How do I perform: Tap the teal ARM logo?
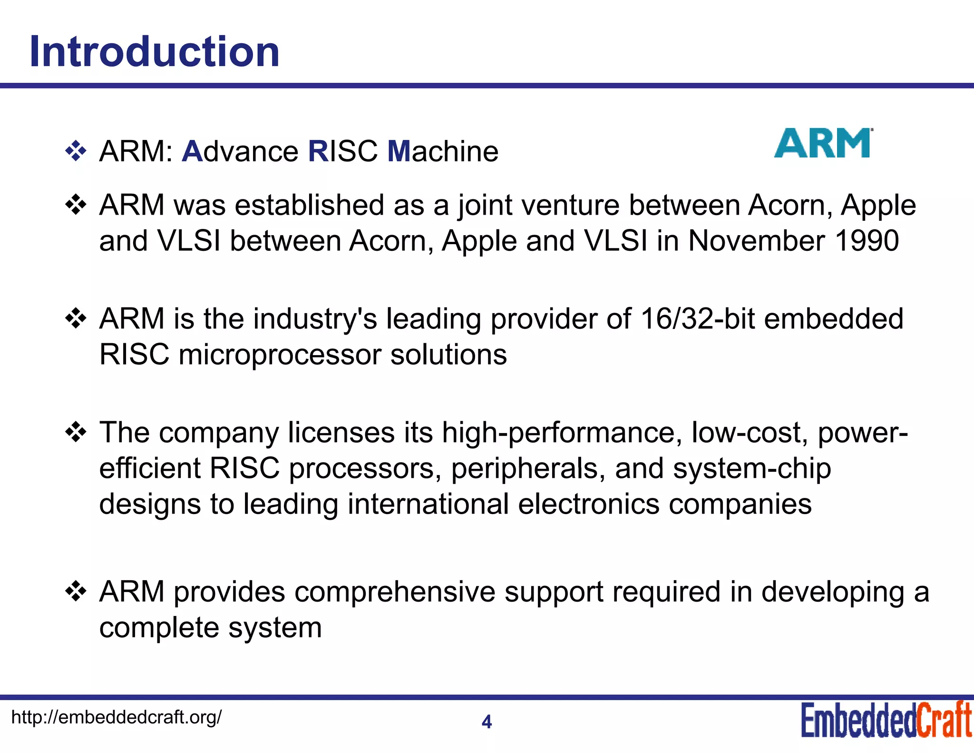coord(823,143)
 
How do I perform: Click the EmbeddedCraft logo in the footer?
coord(886,720)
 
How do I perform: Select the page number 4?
coord(487,722)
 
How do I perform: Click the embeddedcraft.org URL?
coord(116,717)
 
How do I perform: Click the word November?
coord(757,240)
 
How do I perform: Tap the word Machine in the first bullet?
coord(443,151)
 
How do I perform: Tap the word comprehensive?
coord(395,592)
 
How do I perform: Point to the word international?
coord(428,504)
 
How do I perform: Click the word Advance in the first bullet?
coord(240,151)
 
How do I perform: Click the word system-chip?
coord(752,468)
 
